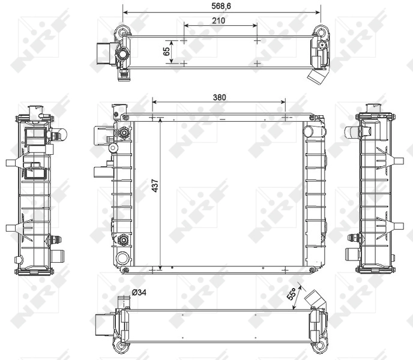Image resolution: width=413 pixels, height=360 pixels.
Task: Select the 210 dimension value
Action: tap(219, 20)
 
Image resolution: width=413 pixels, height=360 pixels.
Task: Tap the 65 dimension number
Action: tap(166, 52)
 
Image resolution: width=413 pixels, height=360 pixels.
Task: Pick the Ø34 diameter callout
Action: tap(139, 292)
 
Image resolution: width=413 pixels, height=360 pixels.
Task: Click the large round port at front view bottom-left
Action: tap(123, 259)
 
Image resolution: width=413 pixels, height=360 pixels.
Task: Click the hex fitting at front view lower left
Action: tap(124, 240)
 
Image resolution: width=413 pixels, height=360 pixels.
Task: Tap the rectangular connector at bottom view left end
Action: tap(103, 325)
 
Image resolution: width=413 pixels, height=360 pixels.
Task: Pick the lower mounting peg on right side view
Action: tap(397, 226)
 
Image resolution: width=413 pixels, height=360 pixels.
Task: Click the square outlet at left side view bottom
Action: tap(57, 256)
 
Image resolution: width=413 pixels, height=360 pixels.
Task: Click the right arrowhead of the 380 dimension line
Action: tap(283, 103)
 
